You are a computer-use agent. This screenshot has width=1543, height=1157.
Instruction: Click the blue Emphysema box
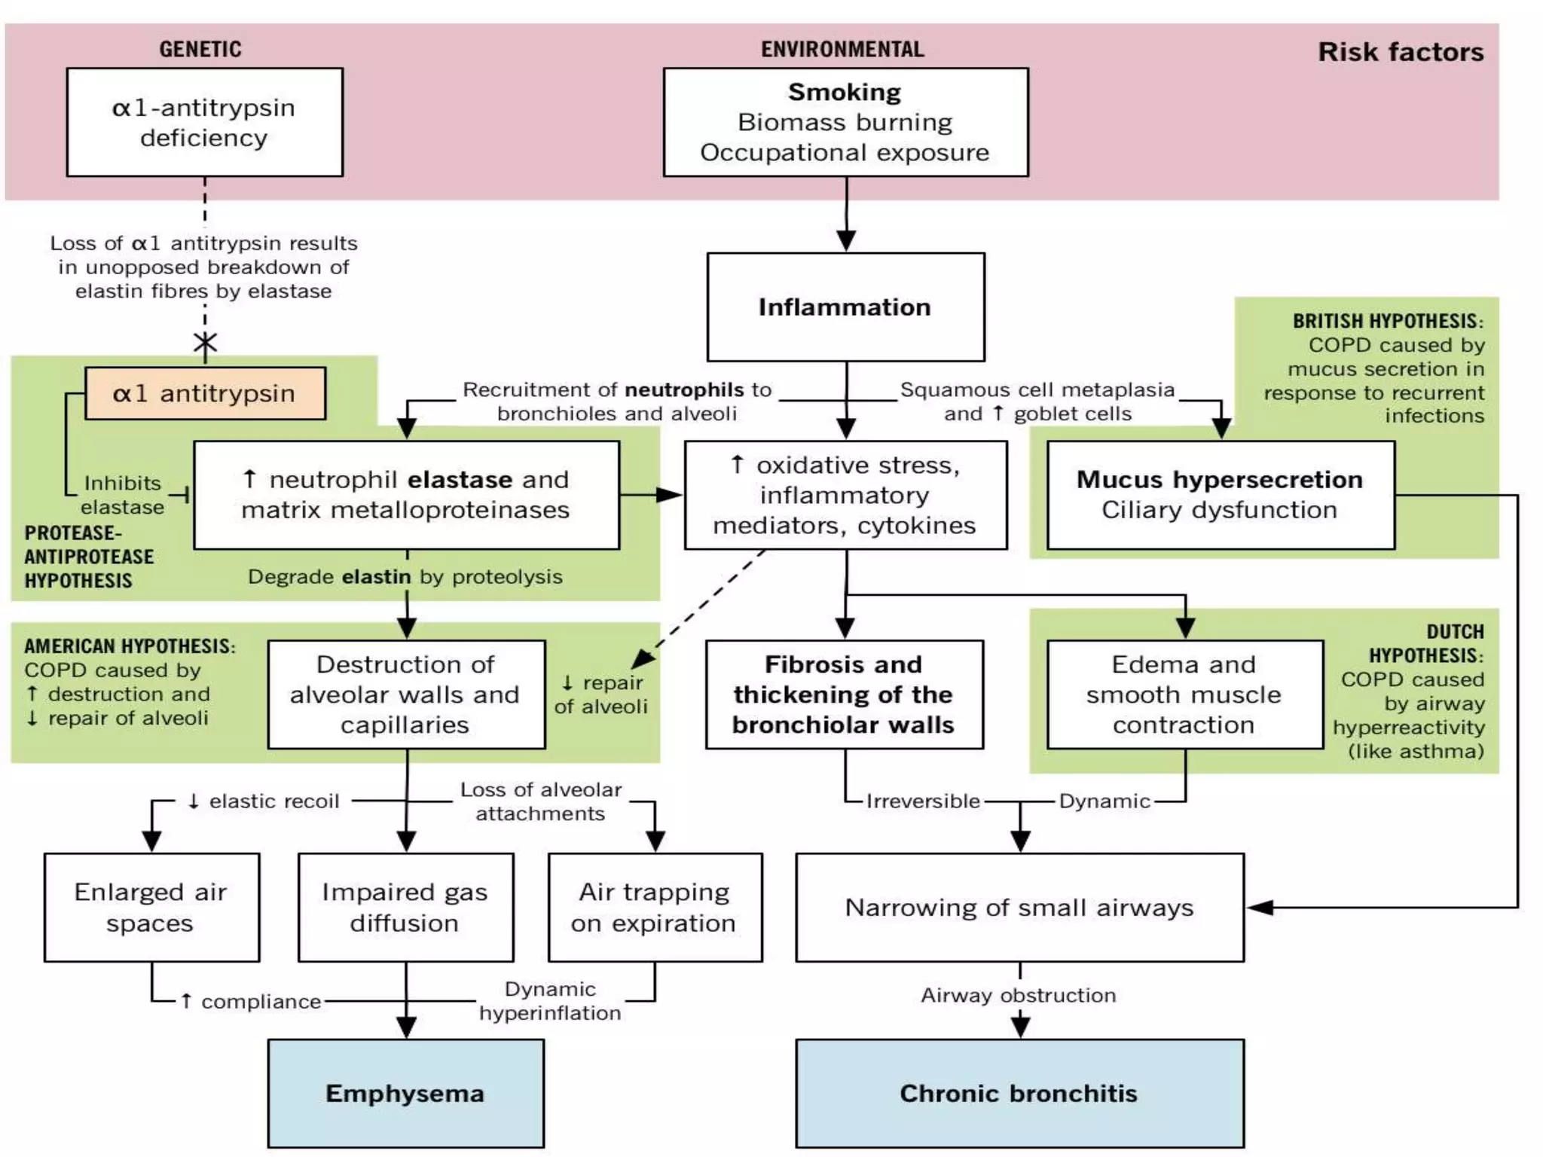(405, 1093)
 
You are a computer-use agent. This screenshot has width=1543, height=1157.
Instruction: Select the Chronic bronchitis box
(1019, 1093)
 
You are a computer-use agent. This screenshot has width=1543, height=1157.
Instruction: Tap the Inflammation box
(845, 307)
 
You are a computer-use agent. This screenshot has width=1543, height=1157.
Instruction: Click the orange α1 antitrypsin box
(205, 393)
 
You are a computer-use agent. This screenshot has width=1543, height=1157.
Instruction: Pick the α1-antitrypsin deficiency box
(204, 123)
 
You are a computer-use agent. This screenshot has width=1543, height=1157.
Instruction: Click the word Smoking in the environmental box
(845, 92)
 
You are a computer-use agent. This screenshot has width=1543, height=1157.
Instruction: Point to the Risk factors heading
(1400, 52)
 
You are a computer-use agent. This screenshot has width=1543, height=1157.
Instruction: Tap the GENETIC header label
(200, 49)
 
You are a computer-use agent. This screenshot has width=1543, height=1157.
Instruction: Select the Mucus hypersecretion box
(1220, 495)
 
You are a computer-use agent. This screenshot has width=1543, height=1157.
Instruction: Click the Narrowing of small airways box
(1019, 907)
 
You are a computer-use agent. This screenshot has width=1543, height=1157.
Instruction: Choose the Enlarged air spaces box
(151, 907)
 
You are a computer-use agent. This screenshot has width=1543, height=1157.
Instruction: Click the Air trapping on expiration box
(655, 907)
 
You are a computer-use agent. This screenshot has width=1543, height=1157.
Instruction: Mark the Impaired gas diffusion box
(405, 907)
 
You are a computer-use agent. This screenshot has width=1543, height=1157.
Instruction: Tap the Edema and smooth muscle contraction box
(1184, 694)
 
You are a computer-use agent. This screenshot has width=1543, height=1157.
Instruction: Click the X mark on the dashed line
(205, 343)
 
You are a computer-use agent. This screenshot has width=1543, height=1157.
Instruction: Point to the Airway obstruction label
(1018, 995)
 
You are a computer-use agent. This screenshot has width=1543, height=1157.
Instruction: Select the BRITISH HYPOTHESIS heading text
(1388, 321)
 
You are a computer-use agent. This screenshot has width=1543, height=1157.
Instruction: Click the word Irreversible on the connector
(923, 801)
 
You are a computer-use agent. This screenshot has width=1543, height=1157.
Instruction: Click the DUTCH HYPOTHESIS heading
(1425, 643)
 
